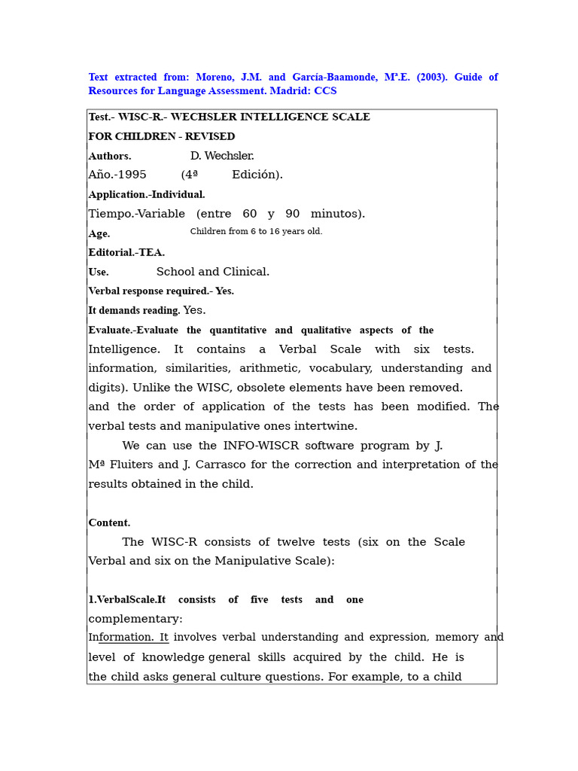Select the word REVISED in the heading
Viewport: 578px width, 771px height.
click(x=211, y=137)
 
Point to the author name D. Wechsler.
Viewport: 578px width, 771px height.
click(x=222, y=157)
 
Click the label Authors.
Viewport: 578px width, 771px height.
click(x=110, y=157)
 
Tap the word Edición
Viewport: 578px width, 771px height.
click(x=257, y=175)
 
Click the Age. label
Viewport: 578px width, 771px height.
click(x=99, y=234)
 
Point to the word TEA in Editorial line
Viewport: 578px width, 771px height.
click(x=151, y=253)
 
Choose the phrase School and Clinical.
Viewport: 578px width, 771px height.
click(x=213, y=273)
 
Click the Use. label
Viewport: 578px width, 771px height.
click(x=99, y=273)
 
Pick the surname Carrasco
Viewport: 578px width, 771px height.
click(x=225, y=465)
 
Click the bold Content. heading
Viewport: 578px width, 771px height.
click(x=109, y=523)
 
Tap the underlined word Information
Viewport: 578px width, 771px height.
click(x=123, y=638)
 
